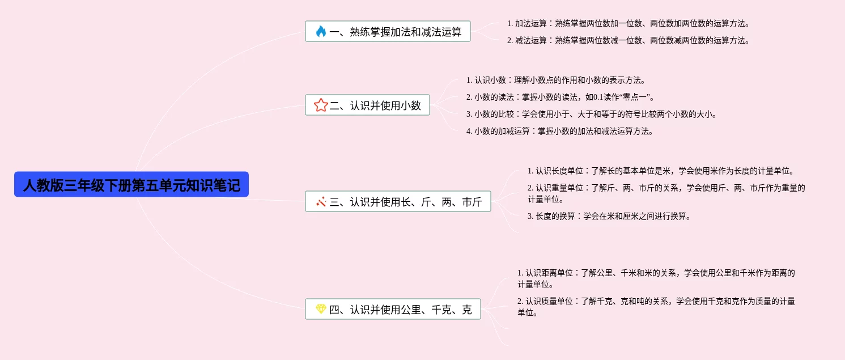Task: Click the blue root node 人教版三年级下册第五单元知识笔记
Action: [x=131, y=185]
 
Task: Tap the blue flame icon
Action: [x=321, y=31]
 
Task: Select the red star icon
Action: [x=321, y=105]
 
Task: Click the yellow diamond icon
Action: [x=321, y=309]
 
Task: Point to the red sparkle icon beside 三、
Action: [x=321, y=201]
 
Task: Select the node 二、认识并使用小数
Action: [x=367, y=105]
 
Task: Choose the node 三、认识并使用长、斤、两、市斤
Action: [x=398, y=201]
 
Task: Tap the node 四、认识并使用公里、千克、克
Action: [x=393, y=309]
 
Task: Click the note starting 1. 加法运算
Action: [x=629, y=23]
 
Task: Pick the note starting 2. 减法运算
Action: [x=629, y=40]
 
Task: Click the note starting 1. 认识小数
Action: [x=555, y=80]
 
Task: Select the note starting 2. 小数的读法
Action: [x=560, y=97]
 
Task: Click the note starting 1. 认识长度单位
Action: [x=660, y=171]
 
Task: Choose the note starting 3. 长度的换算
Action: [x=609, y=216]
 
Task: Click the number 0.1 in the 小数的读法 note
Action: [x=598, y=97]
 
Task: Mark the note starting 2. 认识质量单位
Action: [x=656, y=307]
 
